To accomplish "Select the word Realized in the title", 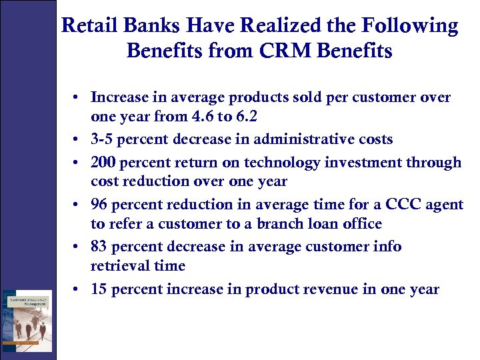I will click(266, 26).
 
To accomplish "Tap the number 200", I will click(103, 162).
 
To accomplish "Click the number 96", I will click(99, 204).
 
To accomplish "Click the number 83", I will click(99, 247).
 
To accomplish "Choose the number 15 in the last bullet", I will click(99, 289).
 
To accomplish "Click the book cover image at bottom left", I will click(27, 321).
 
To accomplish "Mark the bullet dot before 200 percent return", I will click(78, 163).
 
